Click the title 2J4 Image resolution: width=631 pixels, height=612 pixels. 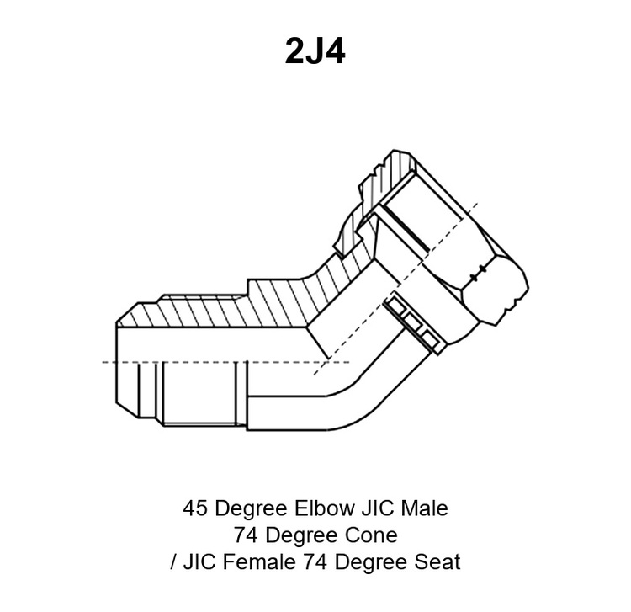click(315, 51)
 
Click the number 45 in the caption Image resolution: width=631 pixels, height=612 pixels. click(196, 508)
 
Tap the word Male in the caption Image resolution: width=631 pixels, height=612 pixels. click(425, 508)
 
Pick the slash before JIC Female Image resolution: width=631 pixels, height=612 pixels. click(173, 562)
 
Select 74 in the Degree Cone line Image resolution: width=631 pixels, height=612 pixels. click(246, 535)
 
